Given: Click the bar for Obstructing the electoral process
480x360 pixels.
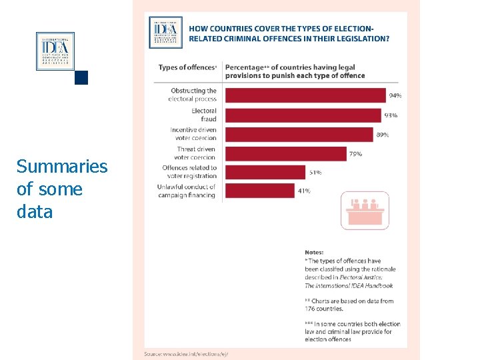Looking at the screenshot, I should coord(305,95).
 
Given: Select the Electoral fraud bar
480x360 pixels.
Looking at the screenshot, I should coord(303,115).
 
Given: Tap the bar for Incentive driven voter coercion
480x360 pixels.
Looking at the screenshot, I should coord(299,134).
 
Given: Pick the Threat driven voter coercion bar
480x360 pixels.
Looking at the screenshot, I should coord(286,153).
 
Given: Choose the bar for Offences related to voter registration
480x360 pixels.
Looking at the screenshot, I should coord(265,172).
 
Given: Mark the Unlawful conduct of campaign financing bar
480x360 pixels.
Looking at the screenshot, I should coord(259,191).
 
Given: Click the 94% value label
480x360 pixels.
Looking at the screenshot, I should coord(395,96).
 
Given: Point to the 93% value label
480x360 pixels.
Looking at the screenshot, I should coord(391,115).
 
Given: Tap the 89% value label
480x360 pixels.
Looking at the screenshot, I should coord(383,135).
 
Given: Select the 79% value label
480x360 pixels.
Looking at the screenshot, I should coord(356,154).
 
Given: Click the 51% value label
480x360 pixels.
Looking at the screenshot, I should coord(315,173).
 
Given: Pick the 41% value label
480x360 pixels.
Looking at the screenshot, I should coord(304,191).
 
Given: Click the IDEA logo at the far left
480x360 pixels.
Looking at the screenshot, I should coord(55,51).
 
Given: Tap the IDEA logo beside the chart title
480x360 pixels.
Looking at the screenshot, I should coord(165,32).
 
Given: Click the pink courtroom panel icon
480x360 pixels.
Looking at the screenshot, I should coord(365,210).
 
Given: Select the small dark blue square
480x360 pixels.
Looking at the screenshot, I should coord(81,77).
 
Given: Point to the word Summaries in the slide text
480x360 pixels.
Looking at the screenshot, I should coord(62,167).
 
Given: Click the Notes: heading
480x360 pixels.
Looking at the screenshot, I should coord(316,252).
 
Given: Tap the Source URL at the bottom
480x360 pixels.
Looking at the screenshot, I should coord(191,353).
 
